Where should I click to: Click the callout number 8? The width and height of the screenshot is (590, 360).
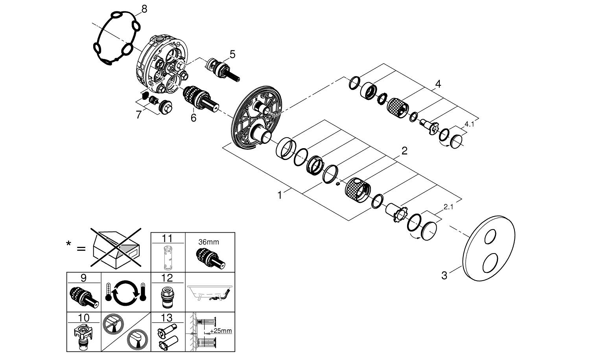click(144, 9)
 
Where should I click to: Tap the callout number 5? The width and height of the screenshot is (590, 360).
click(232, 55)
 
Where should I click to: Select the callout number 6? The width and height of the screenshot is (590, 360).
click(194, 118)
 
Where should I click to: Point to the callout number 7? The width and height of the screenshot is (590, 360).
click(139, 115)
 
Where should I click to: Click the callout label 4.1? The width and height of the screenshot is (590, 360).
click(469, 124)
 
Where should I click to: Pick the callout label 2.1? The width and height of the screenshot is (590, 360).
click(448, 207)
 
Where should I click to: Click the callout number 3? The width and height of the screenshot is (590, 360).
click(444, 276)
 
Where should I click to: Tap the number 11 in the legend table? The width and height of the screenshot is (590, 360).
click(167, 239)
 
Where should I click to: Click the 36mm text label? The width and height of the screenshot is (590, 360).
click(208, 242)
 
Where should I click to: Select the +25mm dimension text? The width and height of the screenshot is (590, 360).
click(221, 331)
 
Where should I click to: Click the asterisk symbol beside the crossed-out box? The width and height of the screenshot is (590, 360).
click(68, 243)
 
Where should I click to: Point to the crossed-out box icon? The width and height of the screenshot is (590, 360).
click(116, 248)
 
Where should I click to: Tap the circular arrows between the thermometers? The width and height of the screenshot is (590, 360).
click(126, 292)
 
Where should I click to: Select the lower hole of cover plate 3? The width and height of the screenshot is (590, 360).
click(490, 263)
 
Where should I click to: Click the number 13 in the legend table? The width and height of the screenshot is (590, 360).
click(167, 318)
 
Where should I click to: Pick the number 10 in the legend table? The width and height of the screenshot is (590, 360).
click(83, 318)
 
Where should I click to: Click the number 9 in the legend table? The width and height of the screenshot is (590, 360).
click(83, 278)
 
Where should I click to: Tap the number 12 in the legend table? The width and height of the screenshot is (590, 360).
click(167, 278)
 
